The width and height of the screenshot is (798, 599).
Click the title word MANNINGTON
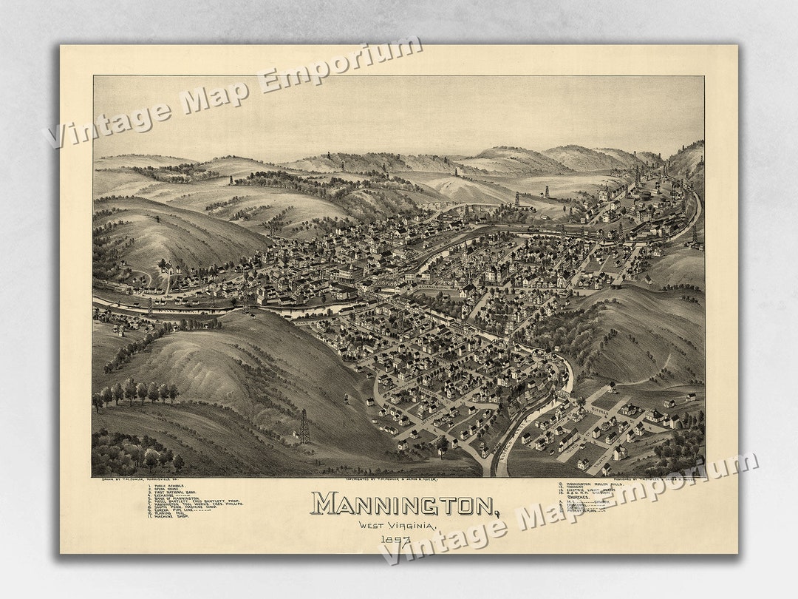[x=403, y=504]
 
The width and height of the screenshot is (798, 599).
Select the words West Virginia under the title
[x=398, y=525]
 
